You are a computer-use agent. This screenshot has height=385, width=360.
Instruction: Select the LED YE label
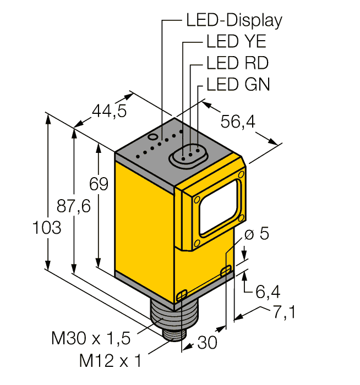tap(236, 42)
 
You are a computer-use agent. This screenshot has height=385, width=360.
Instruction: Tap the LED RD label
tap(237, 63)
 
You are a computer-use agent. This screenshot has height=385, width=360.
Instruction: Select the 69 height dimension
tap(99, 184)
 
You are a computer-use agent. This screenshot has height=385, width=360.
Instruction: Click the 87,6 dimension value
tap(74, 207)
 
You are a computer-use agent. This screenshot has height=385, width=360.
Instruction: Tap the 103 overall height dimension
tap(46, 227)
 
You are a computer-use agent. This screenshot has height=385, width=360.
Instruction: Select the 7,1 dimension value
tap(284, 313)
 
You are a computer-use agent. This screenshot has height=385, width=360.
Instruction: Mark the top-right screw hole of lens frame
tap(241, 175)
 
